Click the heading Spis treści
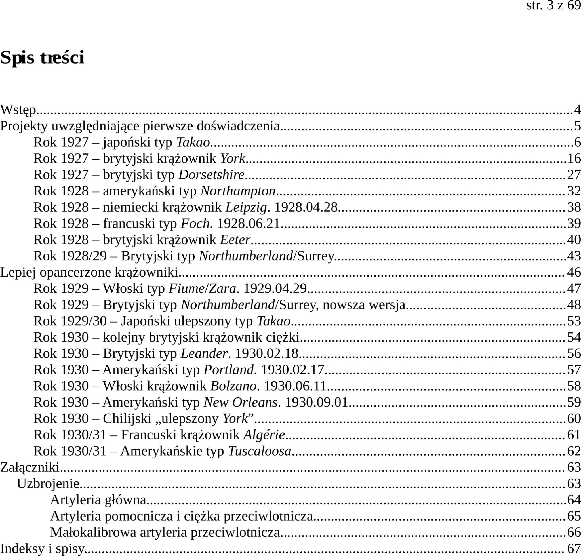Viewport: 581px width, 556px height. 42,58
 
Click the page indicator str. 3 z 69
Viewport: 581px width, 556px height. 553,5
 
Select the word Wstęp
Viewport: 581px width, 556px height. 18,110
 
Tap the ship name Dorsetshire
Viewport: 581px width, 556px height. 211,174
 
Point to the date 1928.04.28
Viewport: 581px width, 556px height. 306,207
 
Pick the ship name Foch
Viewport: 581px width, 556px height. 195,224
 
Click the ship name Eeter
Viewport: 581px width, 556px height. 235,240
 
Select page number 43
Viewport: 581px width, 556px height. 574,256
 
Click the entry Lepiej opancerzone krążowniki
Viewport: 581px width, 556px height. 89,272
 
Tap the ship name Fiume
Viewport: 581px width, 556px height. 186,288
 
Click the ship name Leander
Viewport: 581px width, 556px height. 204,353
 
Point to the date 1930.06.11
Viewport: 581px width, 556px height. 295,386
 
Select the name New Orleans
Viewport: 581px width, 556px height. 240,402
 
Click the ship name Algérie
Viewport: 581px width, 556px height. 264,435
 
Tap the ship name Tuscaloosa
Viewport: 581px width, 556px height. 260,451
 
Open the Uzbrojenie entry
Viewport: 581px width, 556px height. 48,483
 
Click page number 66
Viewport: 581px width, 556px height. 574,532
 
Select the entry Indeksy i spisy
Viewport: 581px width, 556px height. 42,549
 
